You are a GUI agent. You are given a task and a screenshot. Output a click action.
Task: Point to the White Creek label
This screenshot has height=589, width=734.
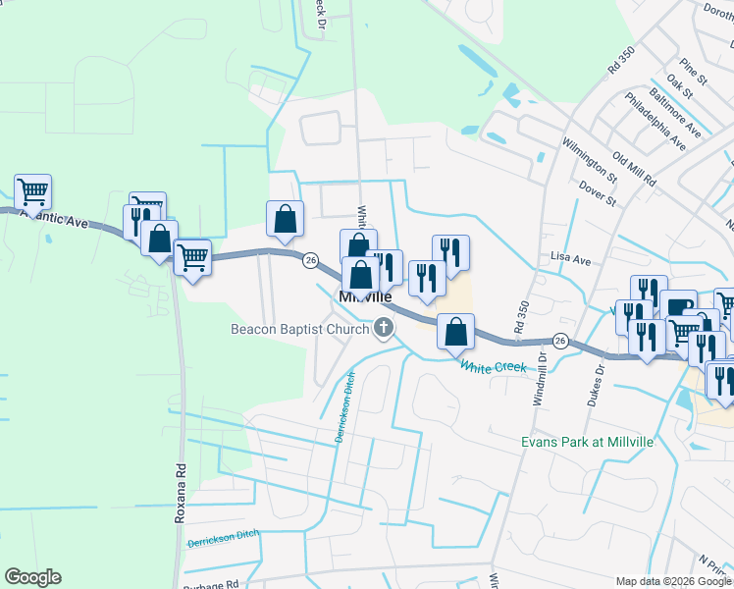click(x=494, y=366)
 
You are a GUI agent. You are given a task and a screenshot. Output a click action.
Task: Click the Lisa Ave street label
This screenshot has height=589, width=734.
click(x=571, y=260)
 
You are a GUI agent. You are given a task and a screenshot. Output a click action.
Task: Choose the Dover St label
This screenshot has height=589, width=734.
click(x=597, y=192)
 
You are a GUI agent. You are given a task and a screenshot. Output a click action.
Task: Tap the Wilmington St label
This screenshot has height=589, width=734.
click(x=588, y=159)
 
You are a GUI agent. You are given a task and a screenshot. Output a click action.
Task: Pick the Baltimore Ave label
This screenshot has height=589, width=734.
click(x=680, y=115)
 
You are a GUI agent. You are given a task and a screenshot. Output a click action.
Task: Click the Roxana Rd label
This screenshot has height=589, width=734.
click(x=181, y=493)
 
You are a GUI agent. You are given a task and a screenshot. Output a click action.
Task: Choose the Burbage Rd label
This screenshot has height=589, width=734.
click(x=212, y=583)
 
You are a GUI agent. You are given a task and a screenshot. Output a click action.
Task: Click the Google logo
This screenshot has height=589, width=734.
click(x=32, y=577)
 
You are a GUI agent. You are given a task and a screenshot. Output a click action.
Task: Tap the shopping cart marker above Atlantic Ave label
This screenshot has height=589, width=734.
click(x=32, y=192)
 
